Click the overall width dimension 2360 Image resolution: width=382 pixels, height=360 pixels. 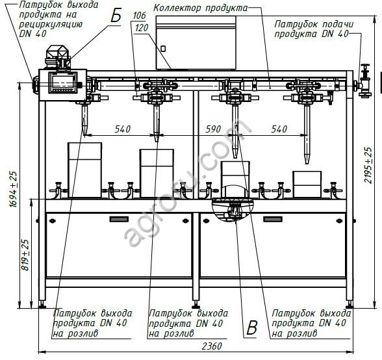212,346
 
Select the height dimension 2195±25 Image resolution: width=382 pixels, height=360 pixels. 368,165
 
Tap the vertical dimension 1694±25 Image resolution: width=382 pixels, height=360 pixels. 14,189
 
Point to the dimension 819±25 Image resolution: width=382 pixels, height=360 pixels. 25,255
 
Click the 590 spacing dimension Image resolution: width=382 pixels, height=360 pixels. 213,129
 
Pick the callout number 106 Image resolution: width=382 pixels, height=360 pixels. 139,16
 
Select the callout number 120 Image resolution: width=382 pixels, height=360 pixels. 142,28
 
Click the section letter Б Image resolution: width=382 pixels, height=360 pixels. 116,16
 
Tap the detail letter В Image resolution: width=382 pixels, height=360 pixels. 251,328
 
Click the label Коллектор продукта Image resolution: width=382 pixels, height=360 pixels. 201,8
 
